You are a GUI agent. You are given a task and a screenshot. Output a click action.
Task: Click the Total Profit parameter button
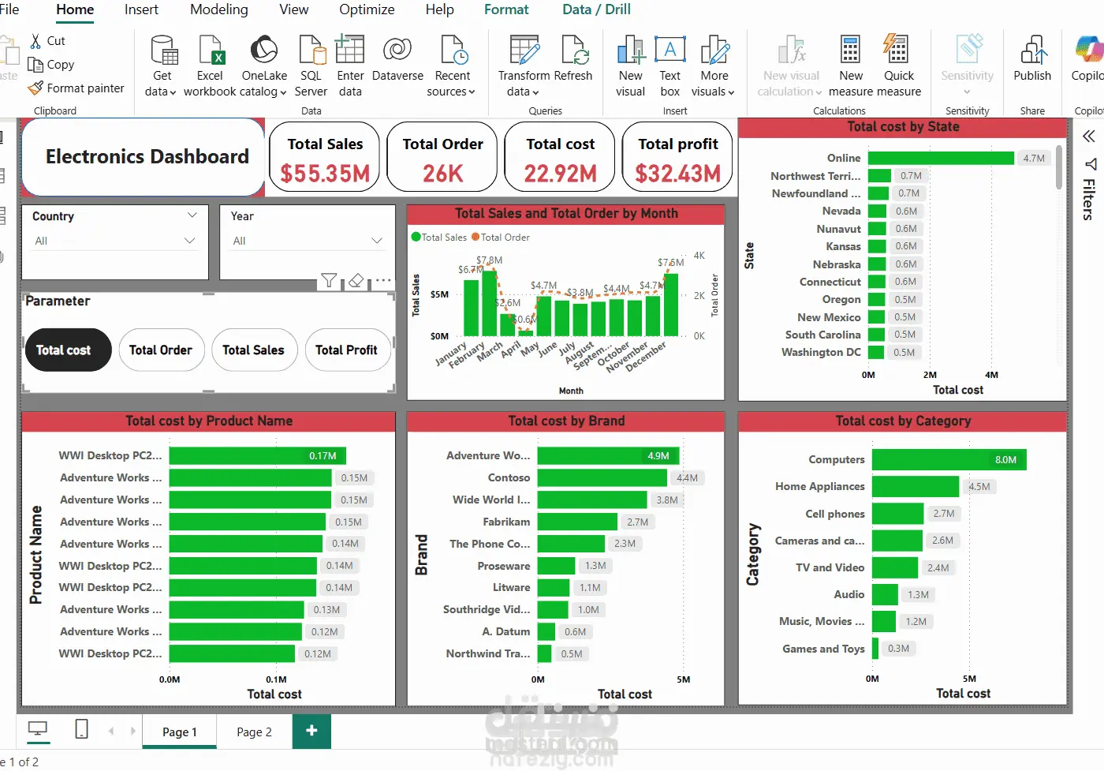pyautogui.click(x=346, y=350)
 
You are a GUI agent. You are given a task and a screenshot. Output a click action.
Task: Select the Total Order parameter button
pyautogui.click(x=161, y=350)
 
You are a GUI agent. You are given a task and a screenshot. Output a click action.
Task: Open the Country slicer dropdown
pyautogui.click(x=189, y=241)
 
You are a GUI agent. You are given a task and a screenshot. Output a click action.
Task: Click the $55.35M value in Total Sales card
pyautogui.click(x=325, y=173)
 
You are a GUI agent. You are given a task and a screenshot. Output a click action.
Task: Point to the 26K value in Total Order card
pyautogui.click(x=442, y=173)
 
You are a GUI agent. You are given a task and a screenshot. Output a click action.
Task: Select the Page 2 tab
pyautogui.click(x=254, y=732)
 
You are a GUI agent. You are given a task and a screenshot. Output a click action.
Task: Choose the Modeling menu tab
pyautogui.click(x=219, y=9)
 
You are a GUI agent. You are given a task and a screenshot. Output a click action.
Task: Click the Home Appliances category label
pyautogui.click(x=819, y=486)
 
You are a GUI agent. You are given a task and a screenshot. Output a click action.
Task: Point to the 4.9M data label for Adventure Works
pyautogui.click(x=658, y=455)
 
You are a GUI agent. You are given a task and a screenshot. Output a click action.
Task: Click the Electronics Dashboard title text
pyautogui.click(x=147, y=156)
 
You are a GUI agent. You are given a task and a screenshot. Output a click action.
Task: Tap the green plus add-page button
pyautogui.click(x=311, y=731)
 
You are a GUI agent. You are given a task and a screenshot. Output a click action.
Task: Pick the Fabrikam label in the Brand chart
pyautogui.click(x=506, y=522)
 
